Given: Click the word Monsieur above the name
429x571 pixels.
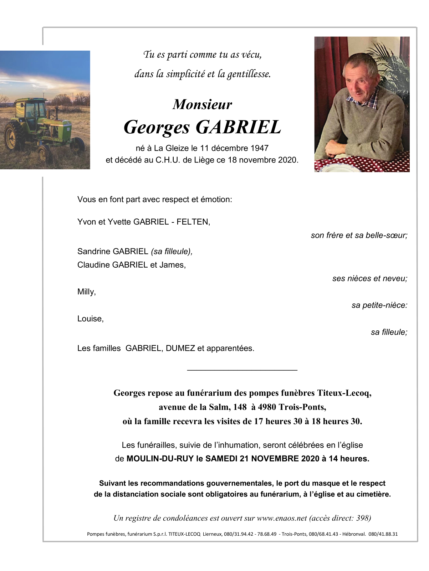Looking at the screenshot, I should point(202,104).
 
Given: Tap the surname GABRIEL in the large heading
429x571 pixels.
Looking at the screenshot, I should point(238,127).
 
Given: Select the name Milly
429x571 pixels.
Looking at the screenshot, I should point(86,292).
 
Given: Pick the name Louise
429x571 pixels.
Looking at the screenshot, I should point(90,319).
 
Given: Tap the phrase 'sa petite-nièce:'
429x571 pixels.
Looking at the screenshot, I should point(379,305).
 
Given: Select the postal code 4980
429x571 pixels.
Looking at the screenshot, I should point(267,407).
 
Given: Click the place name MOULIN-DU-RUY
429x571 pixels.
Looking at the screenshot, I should point(160,459).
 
